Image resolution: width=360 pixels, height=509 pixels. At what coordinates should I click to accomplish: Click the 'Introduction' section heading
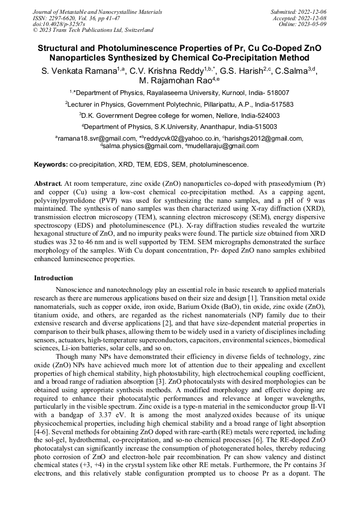54,278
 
